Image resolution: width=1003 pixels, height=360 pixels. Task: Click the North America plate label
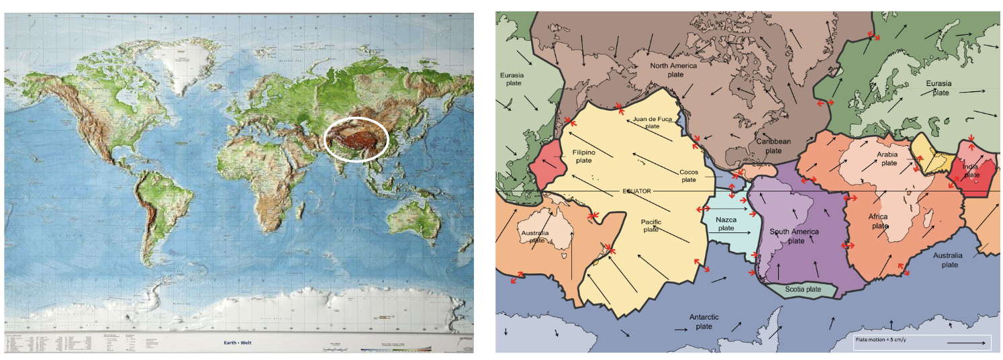click(x=673, y=70)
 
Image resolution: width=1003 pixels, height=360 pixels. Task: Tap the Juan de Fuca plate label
click(x=652, y=122)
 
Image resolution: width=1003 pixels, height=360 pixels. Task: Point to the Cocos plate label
click(x=688, y=176)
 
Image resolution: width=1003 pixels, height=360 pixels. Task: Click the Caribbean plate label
click(x=773, y=146)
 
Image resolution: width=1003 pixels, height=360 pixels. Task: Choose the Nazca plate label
click(x=726, y=224)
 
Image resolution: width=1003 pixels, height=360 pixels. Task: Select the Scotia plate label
click(x=803, y=289)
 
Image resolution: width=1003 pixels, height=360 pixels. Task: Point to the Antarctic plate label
click(x=704, y=321)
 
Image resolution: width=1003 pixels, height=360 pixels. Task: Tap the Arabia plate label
click(x=887, y=159)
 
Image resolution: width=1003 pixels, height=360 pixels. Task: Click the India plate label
click(x=971, y=171)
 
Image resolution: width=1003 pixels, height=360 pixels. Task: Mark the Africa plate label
click(x=879, y=221)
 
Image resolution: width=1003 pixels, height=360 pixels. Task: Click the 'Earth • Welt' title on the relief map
click(x=240, y=343)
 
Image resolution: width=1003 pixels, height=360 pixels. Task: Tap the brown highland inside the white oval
click(x=356, y=140)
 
